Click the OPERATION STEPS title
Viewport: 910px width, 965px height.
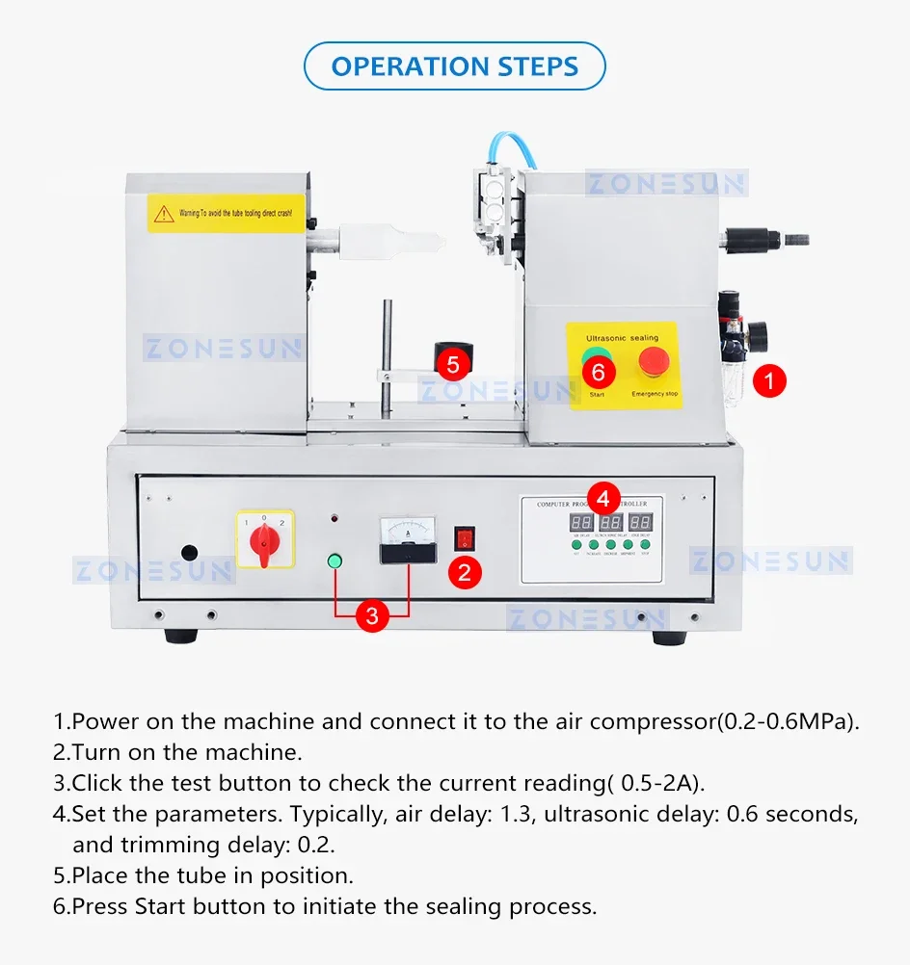[454, 66]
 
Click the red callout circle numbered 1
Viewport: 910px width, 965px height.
[768, 380]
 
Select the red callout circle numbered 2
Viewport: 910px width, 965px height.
[465, 573]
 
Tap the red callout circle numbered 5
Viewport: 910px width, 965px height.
[453, 365]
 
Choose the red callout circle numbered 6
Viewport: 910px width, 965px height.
[598, 370]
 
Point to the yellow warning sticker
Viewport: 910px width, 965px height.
[227, 212]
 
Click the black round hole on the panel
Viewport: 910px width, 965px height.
[190, 554]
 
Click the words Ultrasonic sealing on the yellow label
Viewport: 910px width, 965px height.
[622, 338]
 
